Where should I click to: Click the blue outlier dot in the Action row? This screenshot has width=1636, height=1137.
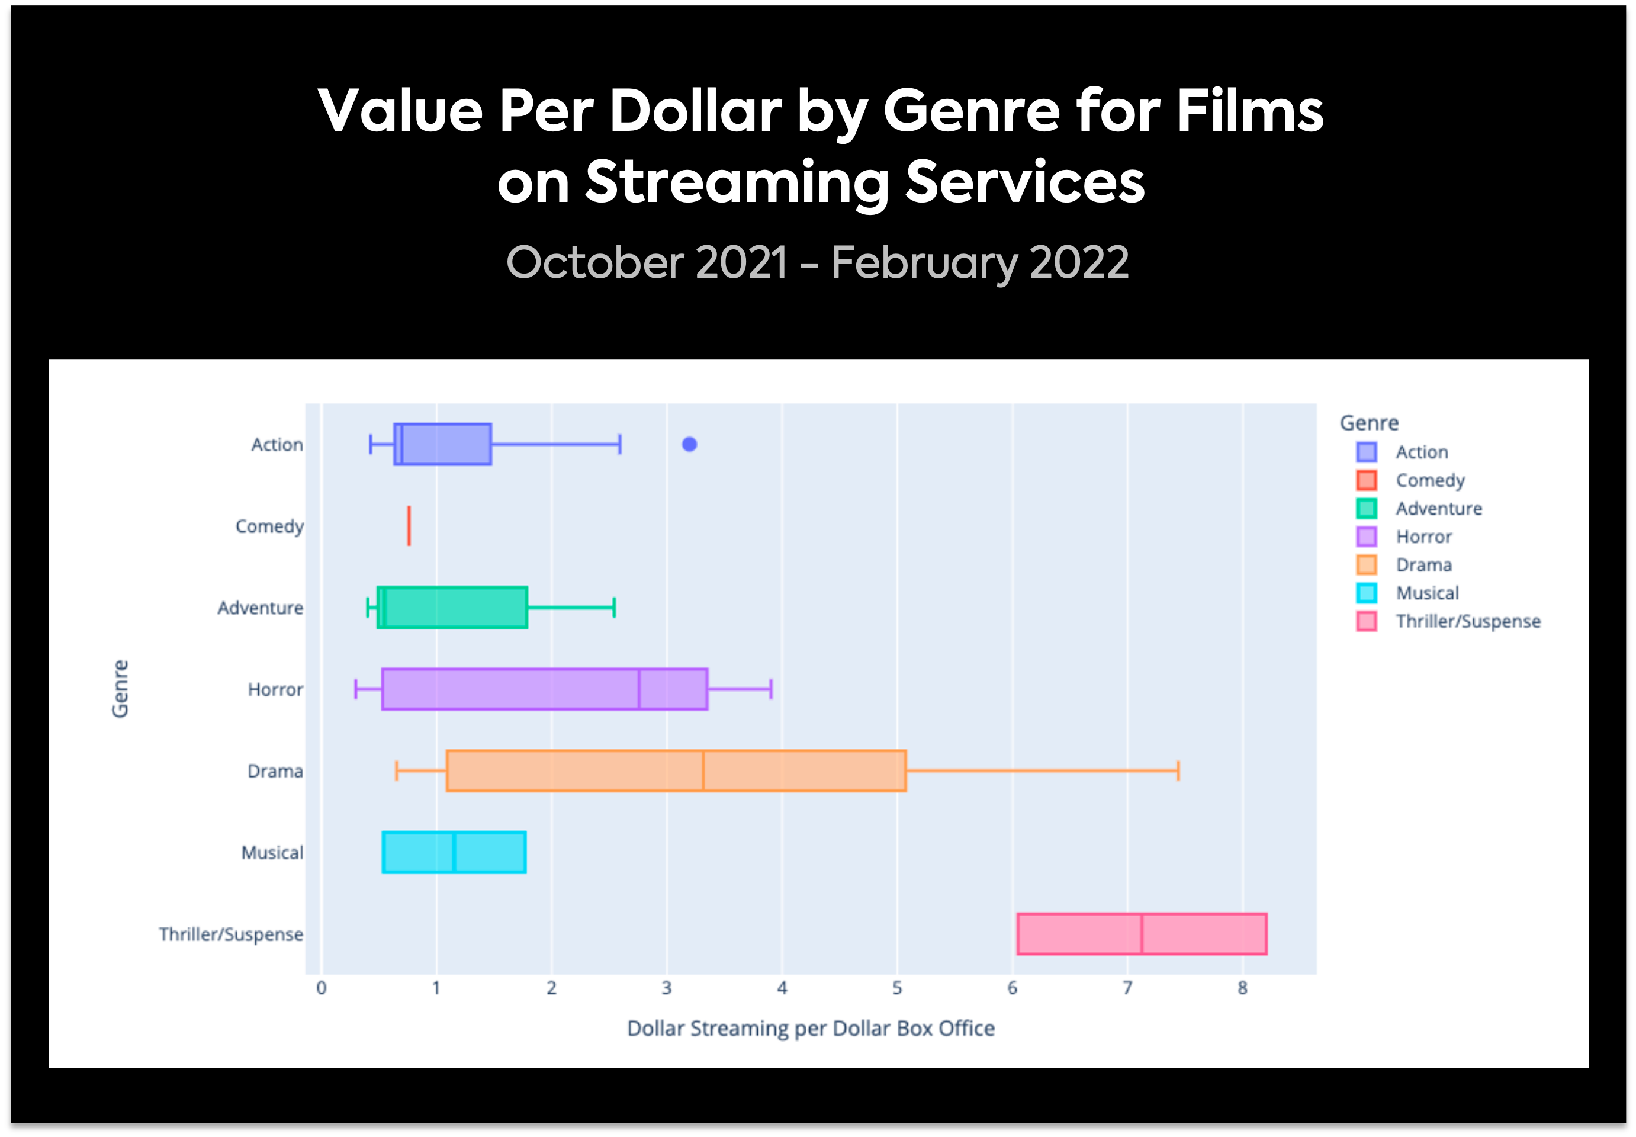click(689, 445)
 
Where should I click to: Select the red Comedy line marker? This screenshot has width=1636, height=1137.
click(409, 526)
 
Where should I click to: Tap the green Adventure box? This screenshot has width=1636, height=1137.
click(456, 608)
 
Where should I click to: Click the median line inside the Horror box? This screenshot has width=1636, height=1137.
click(639, 689)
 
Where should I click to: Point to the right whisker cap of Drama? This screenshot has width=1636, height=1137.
click(1178, 771)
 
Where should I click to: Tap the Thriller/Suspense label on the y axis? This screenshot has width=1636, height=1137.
click(231, 934)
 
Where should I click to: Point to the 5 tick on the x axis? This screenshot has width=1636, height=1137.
click(896, 988)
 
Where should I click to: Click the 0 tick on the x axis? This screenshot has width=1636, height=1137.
click(321, 988)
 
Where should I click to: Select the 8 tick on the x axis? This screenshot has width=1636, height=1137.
click(1242, 988)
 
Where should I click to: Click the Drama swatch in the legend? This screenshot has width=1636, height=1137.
click(1366, 565)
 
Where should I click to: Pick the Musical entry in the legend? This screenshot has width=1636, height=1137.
click(1426, 593)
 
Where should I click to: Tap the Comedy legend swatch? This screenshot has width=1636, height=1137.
click(1366, 480)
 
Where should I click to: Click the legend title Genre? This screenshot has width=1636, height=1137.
click(1369, 423)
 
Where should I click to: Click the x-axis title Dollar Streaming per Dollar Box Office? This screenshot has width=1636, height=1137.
click(811, 1028)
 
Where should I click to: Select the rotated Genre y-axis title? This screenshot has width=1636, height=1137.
click(120, 689)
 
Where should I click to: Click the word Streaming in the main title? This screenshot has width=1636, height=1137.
click(737, 182)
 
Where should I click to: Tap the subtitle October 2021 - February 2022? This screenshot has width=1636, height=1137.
click(817, 262)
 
